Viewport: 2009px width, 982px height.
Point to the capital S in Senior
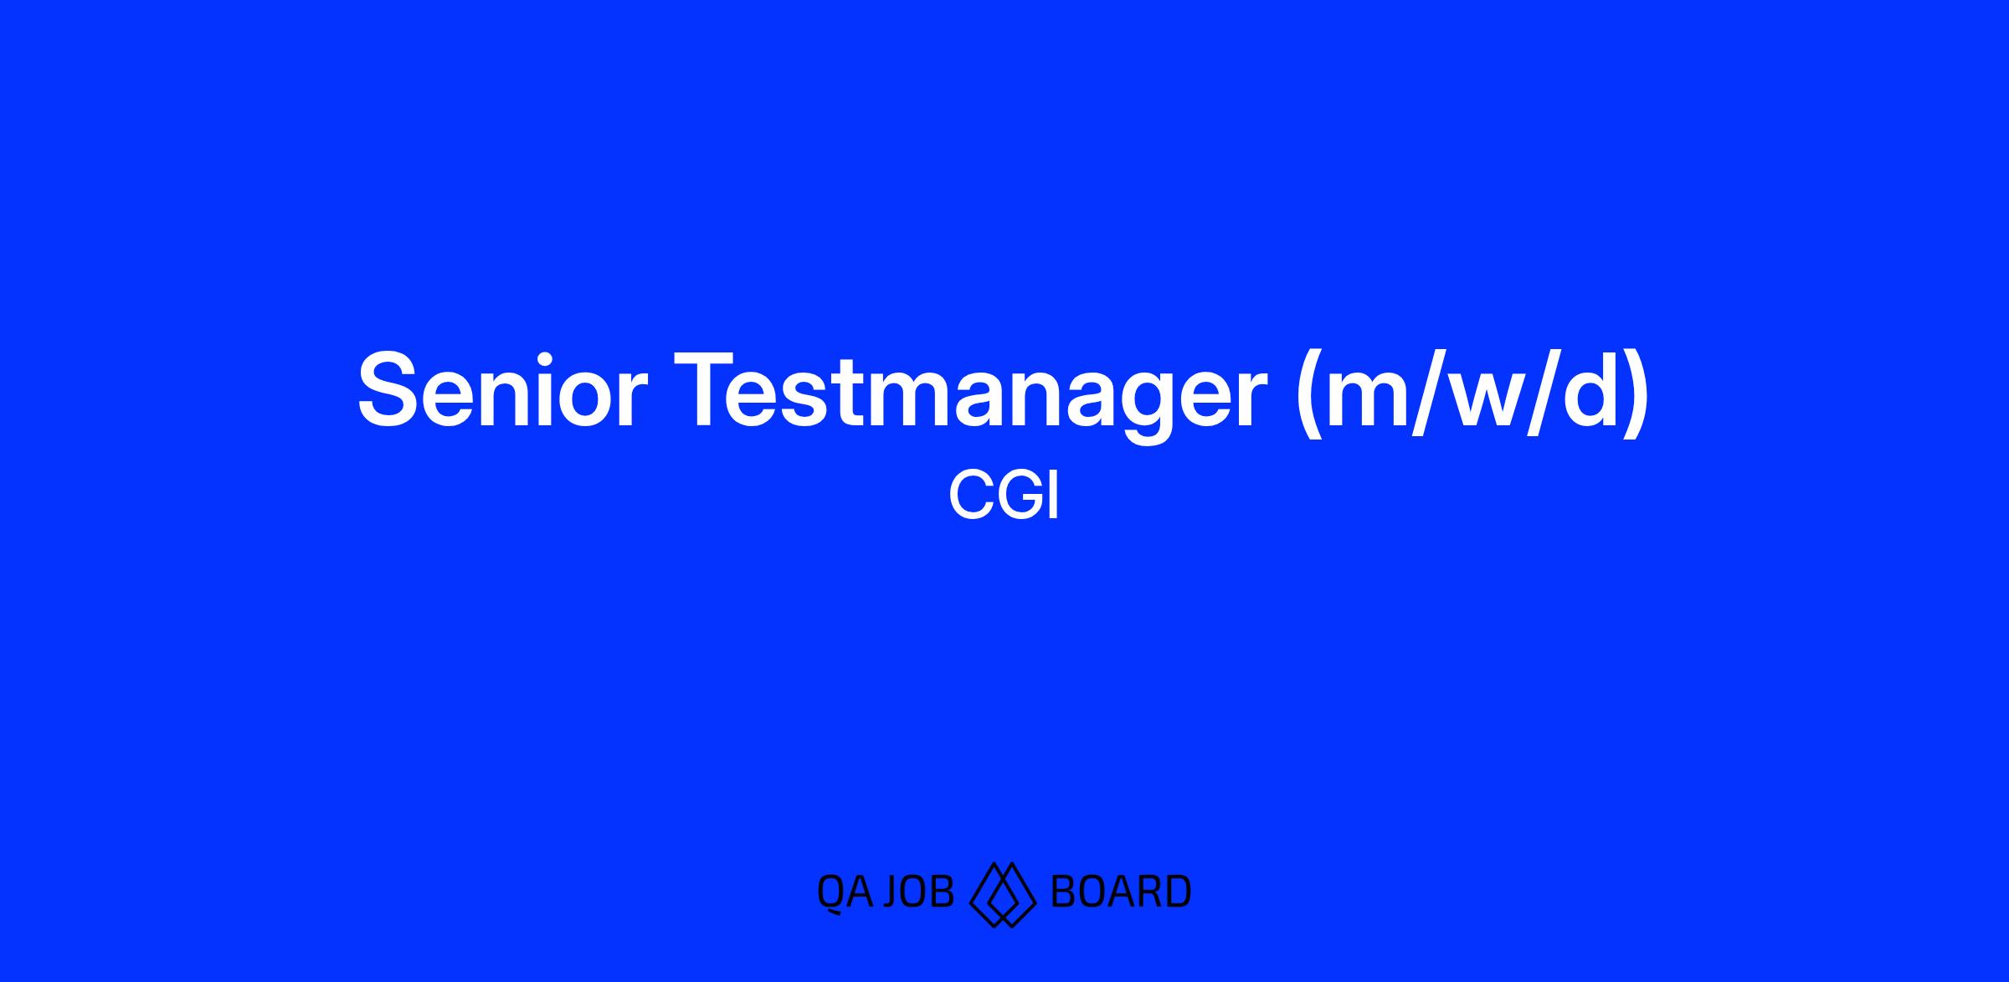tap(388, 389)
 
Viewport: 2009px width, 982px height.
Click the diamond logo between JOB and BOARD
tap(1003, 894)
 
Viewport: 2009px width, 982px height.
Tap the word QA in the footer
tap(845, 892)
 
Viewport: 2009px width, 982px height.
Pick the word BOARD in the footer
tap(1120, 892)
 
